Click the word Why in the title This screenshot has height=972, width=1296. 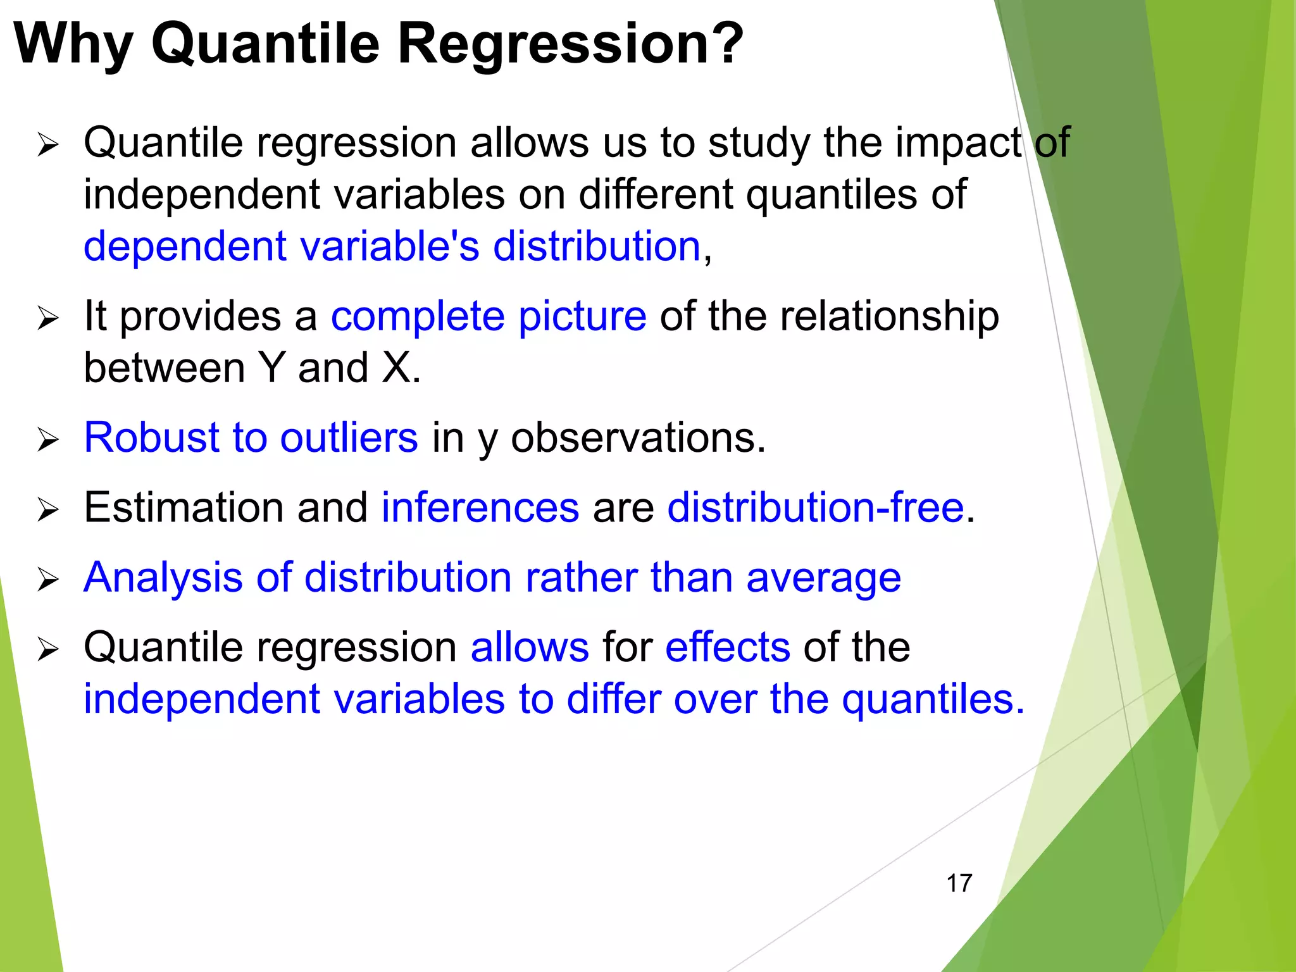(x=73, y=44)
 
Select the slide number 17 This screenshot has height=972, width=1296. (x=959, y=883)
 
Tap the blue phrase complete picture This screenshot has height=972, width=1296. (x=489, y=316)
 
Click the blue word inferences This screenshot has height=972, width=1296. (x=480, y=507)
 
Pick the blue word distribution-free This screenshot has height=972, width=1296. (x=815, y=507)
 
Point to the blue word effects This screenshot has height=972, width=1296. (x=727, y=647)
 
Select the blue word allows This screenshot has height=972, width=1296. (x=530, y=647)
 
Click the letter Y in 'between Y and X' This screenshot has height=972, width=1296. (x=271, y=368)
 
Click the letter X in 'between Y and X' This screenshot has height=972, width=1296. (x=397, y=368)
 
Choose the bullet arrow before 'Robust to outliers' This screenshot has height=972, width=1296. (x=47, y=439)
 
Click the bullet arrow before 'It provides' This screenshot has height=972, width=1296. (x=47, y=318)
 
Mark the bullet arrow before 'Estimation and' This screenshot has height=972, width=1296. (x=47, y=509)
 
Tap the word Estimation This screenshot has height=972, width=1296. (x=184, y=507)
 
